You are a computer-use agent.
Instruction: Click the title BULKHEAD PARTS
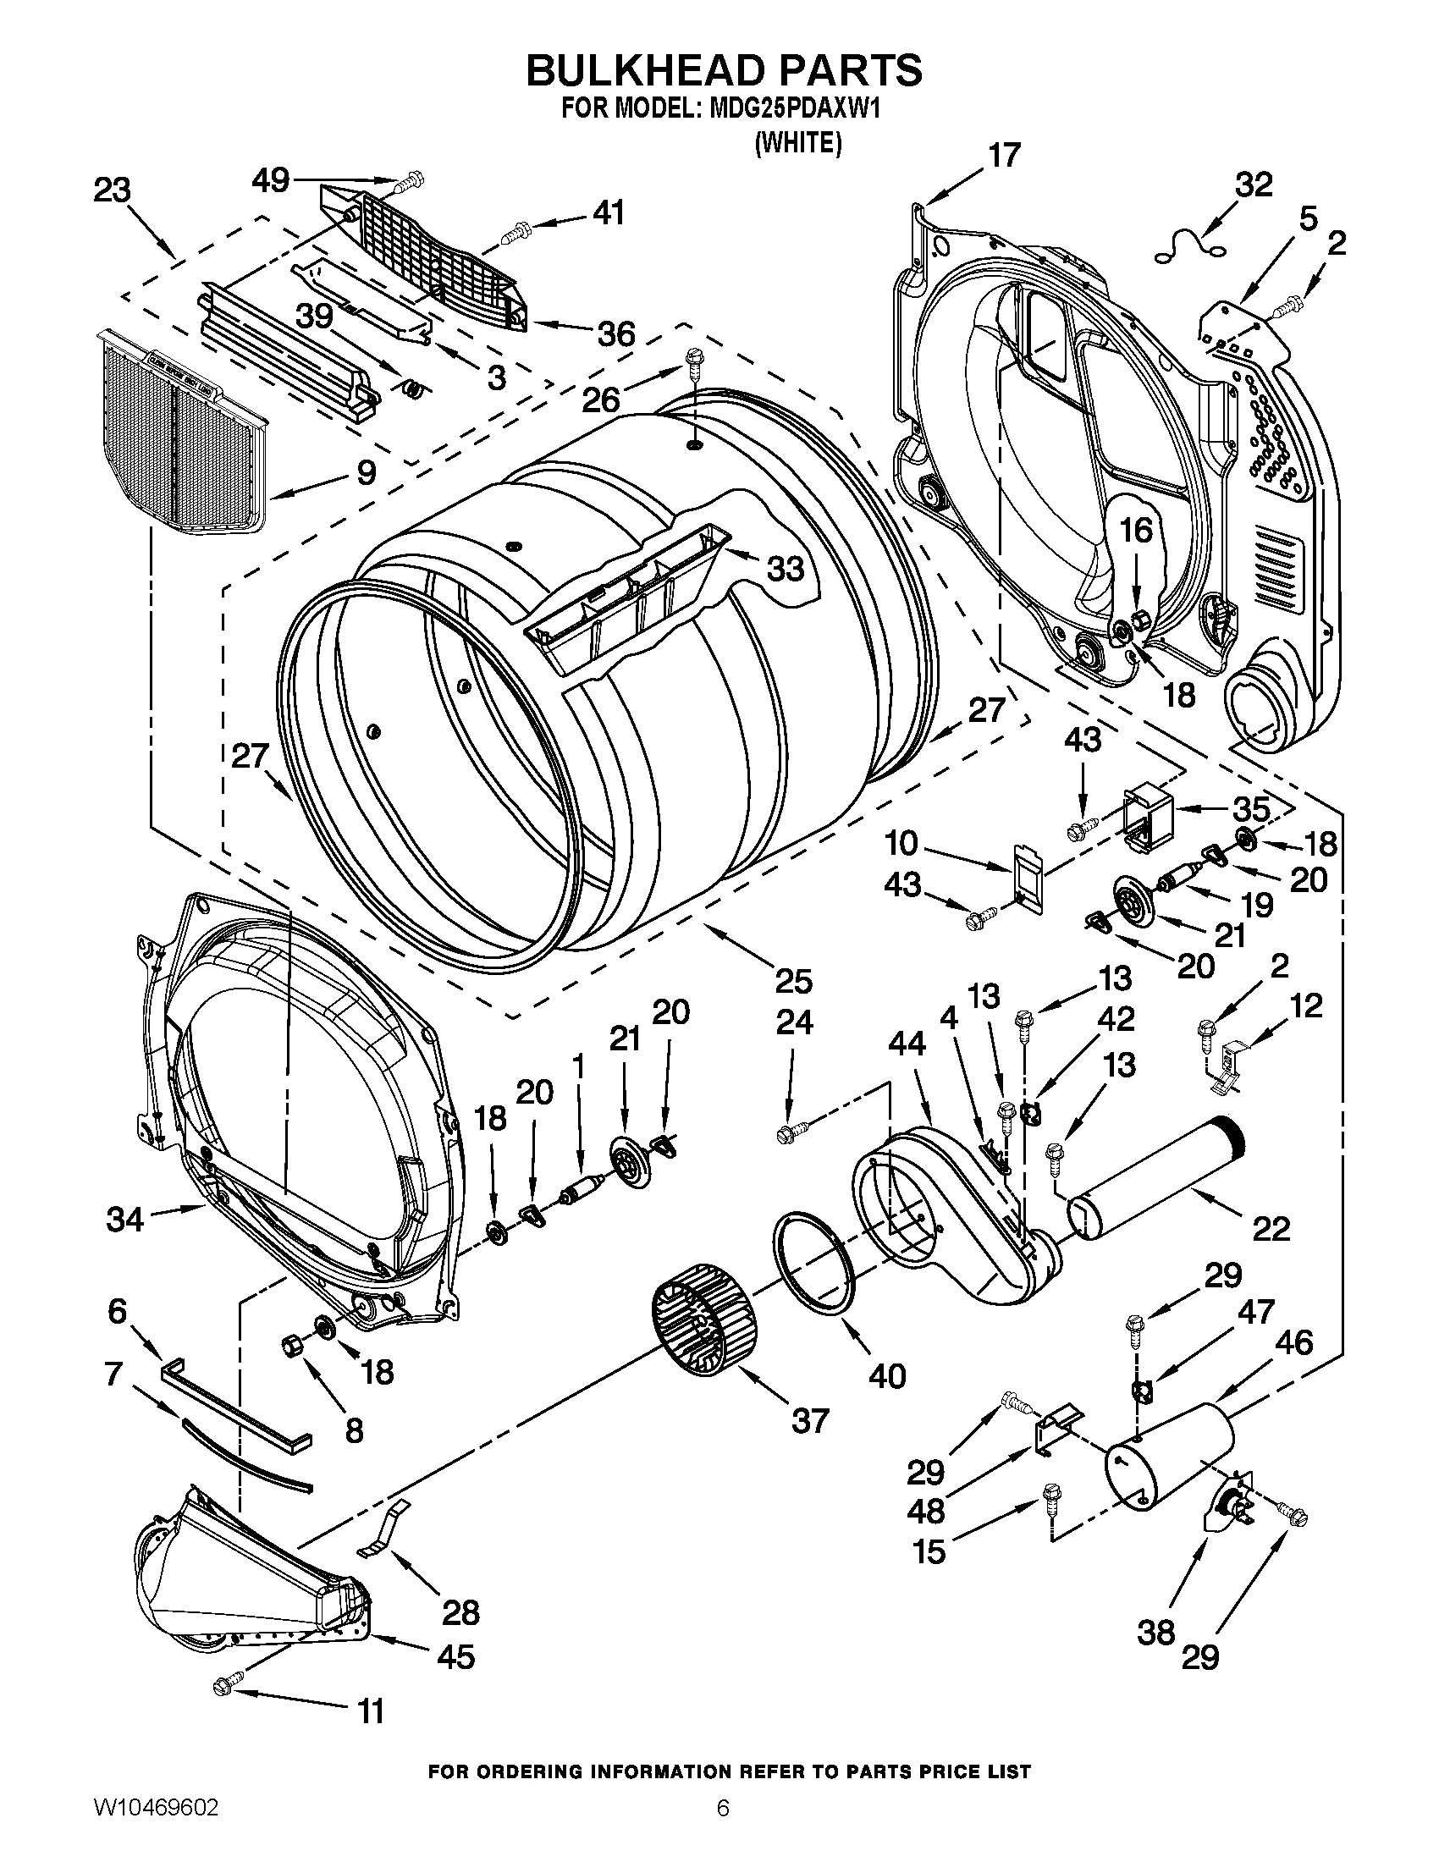point(724,70)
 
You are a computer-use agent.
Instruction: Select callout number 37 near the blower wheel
point(809,1420)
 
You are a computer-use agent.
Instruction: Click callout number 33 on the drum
point(786,569)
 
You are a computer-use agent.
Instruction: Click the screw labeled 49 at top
point(411,181)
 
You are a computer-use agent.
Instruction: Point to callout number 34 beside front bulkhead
point(124,1220)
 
